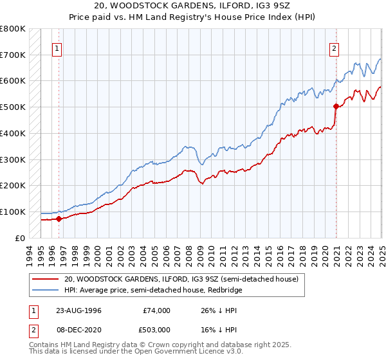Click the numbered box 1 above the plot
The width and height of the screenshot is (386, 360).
pos(58,48)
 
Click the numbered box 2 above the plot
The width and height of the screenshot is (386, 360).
pos(335,48)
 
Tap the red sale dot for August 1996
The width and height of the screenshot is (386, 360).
pos(59,219)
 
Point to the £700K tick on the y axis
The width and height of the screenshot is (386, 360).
pos(13,55)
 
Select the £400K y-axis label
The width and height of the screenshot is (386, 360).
pos(13,133)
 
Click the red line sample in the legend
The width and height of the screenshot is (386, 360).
pos(45,280)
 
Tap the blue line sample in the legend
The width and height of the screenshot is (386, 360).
pos(45,290)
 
